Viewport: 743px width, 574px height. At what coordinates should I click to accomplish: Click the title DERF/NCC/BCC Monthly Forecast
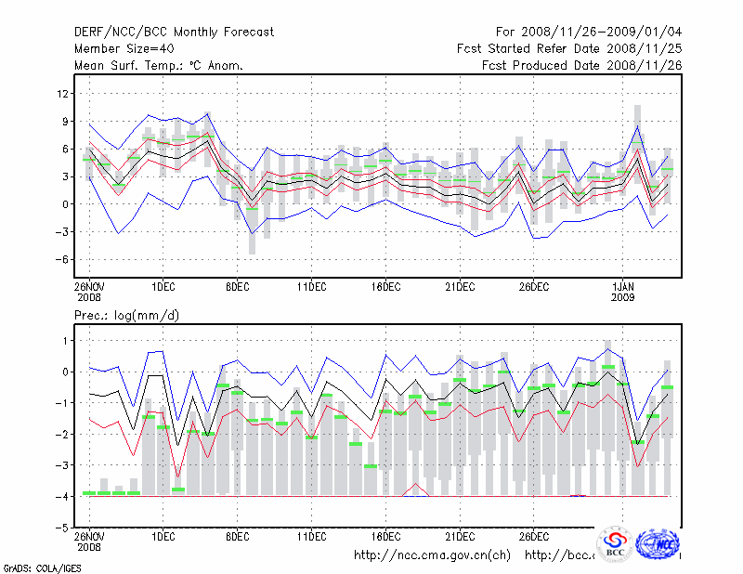(174, 32)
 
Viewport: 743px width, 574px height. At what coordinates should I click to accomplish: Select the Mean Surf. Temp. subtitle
(159, 65)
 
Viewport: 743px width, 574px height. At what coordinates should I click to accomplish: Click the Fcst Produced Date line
(581, 65)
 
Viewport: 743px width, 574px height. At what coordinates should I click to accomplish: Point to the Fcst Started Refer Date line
(569, 48)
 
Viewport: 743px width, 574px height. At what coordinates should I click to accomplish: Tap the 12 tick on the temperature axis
(63, 93)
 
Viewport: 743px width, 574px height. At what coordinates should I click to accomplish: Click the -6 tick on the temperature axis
(63, 260)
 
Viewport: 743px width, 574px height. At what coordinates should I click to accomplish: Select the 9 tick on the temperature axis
(65, 121)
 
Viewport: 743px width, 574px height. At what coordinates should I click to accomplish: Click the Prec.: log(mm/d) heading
(127, 316)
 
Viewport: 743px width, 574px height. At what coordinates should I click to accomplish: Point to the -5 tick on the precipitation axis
(63, 528)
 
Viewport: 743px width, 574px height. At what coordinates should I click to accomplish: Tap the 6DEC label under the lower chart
(237, 535)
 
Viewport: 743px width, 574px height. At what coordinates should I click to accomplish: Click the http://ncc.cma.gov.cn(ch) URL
(433, 555)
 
